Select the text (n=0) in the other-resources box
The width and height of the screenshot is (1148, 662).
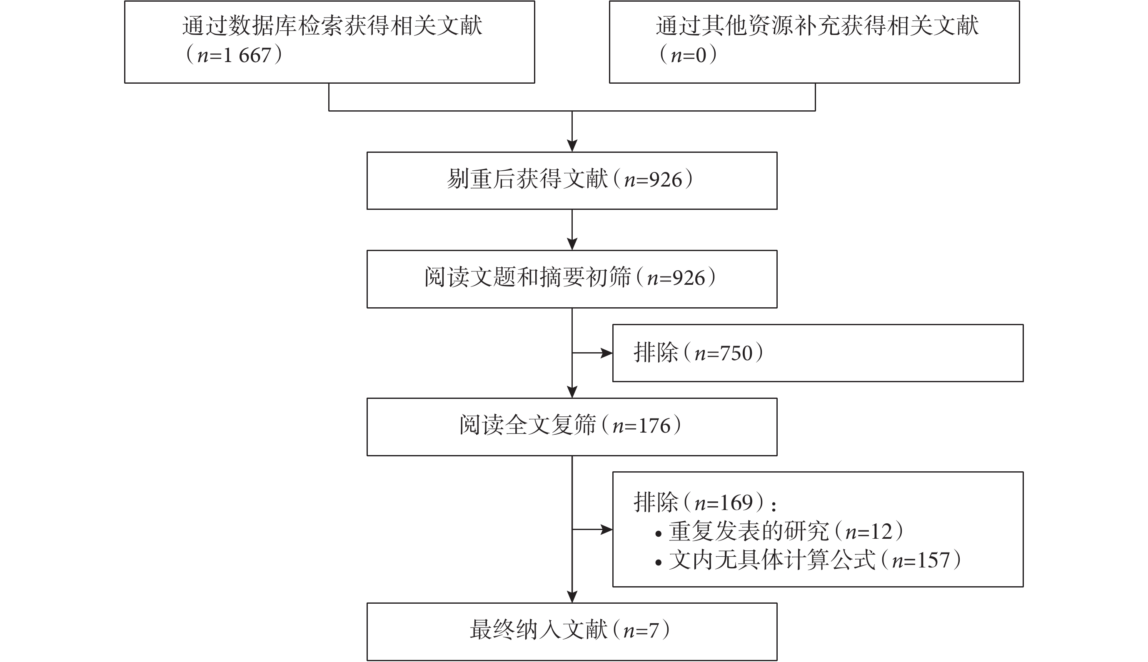[688, 55]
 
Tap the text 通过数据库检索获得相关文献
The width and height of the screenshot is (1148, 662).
[332, 25]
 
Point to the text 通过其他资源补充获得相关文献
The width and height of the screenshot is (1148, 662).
[817, 25]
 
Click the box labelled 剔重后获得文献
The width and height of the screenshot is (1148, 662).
[572, 181]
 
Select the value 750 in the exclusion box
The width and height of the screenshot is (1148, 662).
[736, 353]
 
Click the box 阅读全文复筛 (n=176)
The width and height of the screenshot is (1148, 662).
[572, 426]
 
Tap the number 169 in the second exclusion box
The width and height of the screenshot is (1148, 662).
[736, 503]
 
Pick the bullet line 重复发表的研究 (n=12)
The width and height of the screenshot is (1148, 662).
[779, 531]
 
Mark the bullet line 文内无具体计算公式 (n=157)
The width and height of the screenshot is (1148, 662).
[808, 560]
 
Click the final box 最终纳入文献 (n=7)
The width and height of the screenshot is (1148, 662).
[572, 632]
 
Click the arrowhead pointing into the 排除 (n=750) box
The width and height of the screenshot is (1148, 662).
[607, 353]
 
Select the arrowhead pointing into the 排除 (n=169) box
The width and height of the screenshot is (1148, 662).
[607, 529]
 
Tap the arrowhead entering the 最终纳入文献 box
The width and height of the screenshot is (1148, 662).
[572, 597]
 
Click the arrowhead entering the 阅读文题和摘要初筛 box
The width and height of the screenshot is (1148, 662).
[572, 244]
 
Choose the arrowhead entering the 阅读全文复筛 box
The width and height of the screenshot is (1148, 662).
[572, 392]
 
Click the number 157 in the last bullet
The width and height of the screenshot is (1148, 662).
[933, 560]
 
